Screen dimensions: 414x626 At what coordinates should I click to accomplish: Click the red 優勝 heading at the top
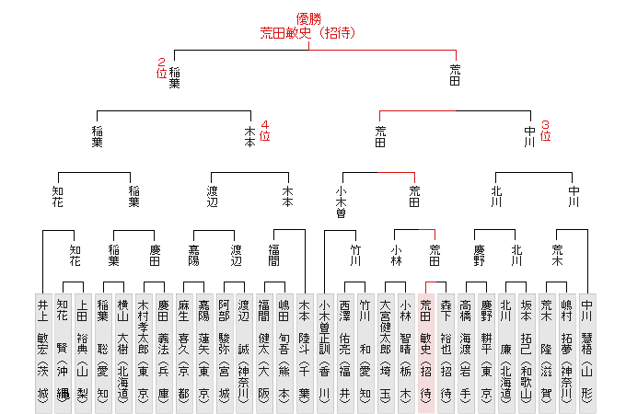[308, 17]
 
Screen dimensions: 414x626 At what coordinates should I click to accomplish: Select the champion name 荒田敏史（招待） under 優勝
[308, 32]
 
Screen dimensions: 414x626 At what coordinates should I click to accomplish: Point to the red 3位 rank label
[545, 130]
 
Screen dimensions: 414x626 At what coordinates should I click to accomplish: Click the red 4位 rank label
[265, 130]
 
